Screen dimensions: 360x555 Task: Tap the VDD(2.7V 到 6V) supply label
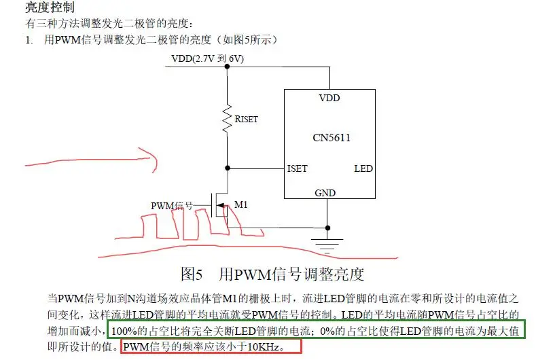[207, 59]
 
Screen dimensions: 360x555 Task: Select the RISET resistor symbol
[226, 118]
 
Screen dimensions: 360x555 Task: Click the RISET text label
[246, 119]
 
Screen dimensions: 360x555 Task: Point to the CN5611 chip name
[332, 138]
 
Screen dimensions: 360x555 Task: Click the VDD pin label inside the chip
[329, 98]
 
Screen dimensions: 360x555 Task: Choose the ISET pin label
[298, 168]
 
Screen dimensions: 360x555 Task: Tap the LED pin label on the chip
[363, 168]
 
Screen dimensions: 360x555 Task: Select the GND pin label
[325, 193]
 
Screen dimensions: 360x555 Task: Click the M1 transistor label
[241, 204]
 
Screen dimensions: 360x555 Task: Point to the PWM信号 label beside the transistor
[172, 205]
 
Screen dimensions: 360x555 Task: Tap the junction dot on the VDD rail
[226, 67]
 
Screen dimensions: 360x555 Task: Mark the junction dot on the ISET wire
[226, 168]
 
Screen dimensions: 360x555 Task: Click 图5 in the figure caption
[192, 274]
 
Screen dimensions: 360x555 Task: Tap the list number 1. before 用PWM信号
[29, 40]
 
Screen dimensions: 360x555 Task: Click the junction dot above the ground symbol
[328, 228]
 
